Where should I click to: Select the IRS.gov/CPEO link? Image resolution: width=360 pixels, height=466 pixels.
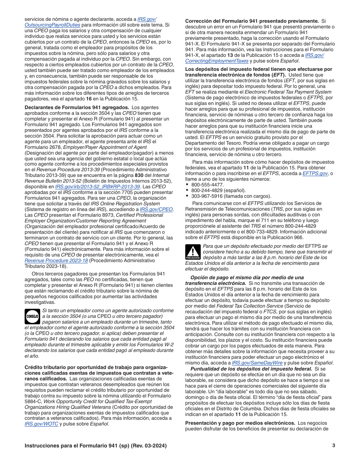coord(156,209)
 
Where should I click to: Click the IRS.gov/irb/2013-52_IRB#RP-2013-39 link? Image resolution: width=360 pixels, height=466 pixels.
coord(98,186)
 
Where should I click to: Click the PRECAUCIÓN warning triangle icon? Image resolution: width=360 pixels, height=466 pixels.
coord(193,252)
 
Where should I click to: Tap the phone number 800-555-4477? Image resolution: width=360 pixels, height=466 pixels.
coord(207,185)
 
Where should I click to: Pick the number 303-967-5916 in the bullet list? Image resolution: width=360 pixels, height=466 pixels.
coord(207,196)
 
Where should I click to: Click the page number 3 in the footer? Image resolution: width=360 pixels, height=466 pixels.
coord(333,446)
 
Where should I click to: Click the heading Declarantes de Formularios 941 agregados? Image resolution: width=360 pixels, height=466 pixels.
coord(77,107)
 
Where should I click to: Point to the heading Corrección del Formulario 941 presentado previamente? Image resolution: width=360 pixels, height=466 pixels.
coord(252,21)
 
